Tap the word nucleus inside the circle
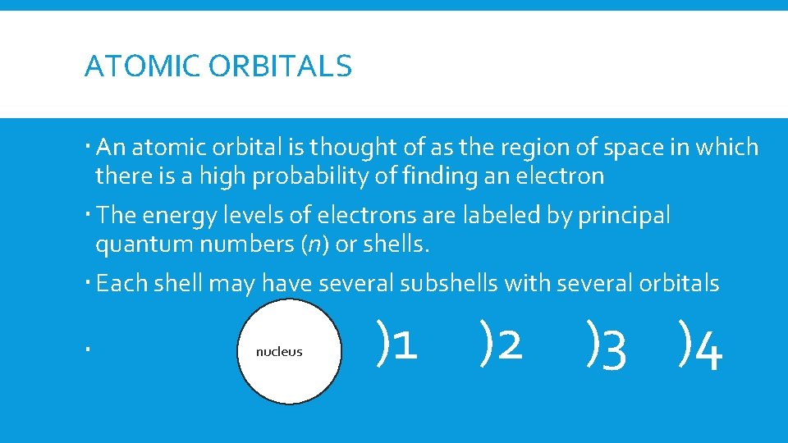tap(279, 351)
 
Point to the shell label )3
tap(607, 345)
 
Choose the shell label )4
tap(702, 345)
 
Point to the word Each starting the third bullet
tap(120, 284)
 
